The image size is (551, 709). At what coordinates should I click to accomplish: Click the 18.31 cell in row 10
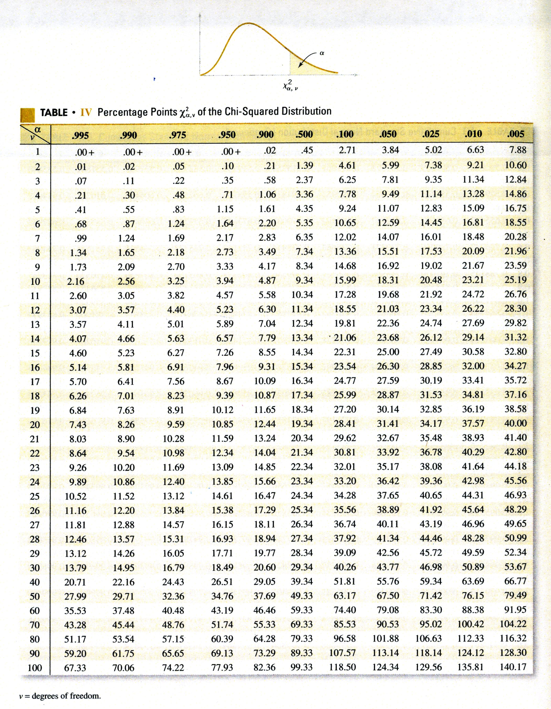pos(388,280)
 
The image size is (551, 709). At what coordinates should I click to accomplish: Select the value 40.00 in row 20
pos(515,423)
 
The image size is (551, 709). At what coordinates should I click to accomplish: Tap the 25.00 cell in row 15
pos(388,352)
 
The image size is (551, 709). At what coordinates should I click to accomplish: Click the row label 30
pos(35,568)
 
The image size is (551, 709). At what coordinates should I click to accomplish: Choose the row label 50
pos(35,596)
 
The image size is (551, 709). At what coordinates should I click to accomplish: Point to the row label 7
pos(37,239)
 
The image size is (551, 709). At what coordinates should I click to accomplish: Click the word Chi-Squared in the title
pos(254,111)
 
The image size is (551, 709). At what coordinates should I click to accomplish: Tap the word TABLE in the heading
pos(54,113)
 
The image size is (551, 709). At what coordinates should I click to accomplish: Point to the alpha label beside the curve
pos(322,53)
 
